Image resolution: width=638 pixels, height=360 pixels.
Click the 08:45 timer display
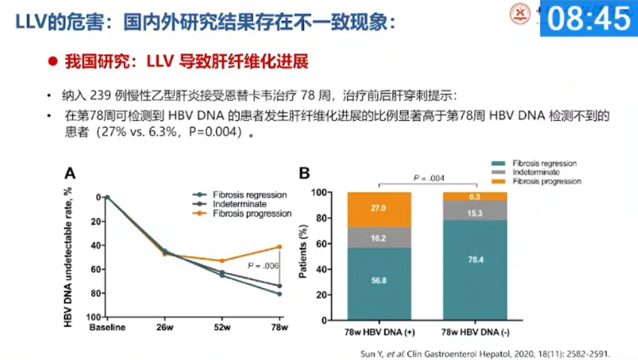tap(588, 19)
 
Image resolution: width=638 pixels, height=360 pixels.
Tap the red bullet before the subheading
tap(52, 61)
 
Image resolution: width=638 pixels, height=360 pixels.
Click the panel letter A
tap(70, 173)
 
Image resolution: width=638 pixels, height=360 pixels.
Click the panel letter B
tap(305, 173)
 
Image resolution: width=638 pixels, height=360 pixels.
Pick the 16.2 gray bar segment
tap(377, 237)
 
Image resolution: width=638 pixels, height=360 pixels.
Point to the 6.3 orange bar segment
tap(474, 196)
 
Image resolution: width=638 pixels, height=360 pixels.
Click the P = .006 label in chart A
tap(263, 267)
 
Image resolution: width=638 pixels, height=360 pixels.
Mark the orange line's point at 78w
tap(279, 247)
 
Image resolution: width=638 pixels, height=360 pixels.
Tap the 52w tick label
tap(222, 328)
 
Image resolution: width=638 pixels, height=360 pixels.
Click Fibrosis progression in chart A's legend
tap(252, 213)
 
